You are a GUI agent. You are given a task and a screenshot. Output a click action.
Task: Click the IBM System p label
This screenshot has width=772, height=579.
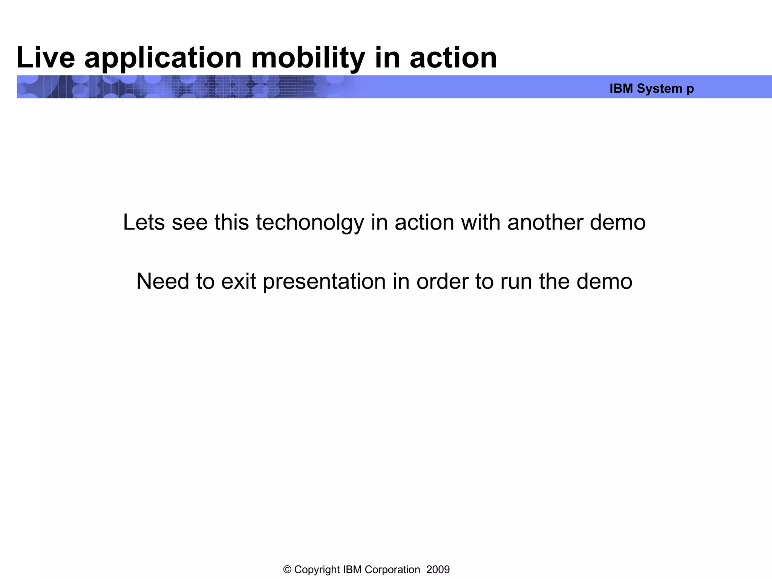[651, 89]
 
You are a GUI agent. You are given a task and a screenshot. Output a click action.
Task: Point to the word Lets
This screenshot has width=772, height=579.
[144, 222]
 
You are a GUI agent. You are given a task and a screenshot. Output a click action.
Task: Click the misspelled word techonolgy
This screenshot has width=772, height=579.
[310, 222]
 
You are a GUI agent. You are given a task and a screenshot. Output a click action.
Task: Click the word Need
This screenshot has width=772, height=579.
[162, 281]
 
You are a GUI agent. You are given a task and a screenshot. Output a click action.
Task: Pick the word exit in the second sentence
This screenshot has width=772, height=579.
[238, 281]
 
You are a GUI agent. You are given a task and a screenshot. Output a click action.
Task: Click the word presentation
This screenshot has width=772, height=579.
[324, 281]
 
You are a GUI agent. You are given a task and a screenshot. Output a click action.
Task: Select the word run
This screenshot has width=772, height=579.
[516, 281]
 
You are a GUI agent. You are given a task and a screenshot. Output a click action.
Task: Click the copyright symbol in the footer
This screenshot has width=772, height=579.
[287, 569]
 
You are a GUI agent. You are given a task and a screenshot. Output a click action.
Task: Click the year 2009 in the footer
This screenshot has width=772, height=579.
[438, 569]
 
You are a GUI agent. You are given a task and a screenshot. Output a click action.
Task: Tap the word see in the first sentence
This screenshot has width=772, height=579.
[190, 222]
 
